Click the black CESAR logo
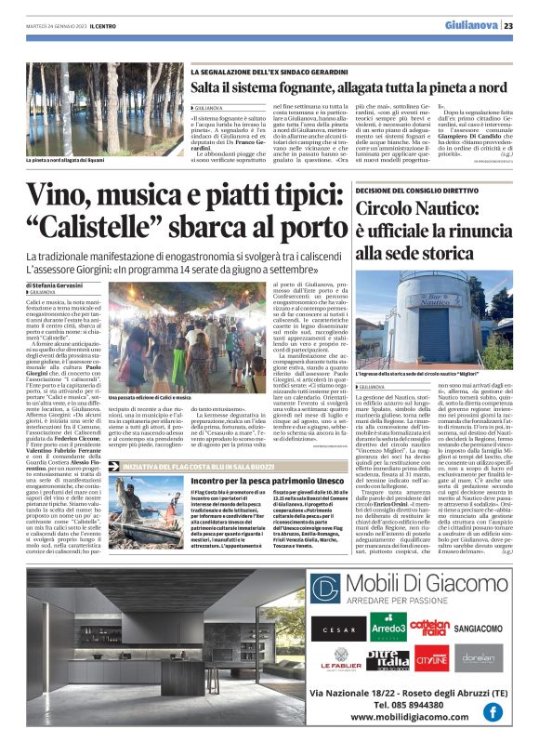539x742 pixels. tap(337, 629)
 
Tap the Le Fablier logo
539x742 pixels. tap(340, 661)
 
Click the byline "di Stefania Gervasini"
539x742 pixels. tap(57, 283)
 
